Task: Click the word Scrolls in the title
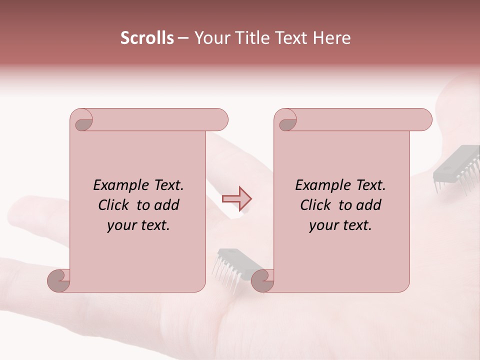[147, 38]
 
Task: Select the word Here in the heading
[332, 38]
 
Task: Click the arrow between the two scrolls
[237, 198]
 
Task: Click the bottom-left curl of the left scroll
[59, 280]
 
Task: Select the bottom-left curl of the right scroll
[263, 280]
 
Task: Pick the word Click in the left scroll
[114, 205]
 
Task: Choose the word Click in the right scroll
[316, 205]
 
